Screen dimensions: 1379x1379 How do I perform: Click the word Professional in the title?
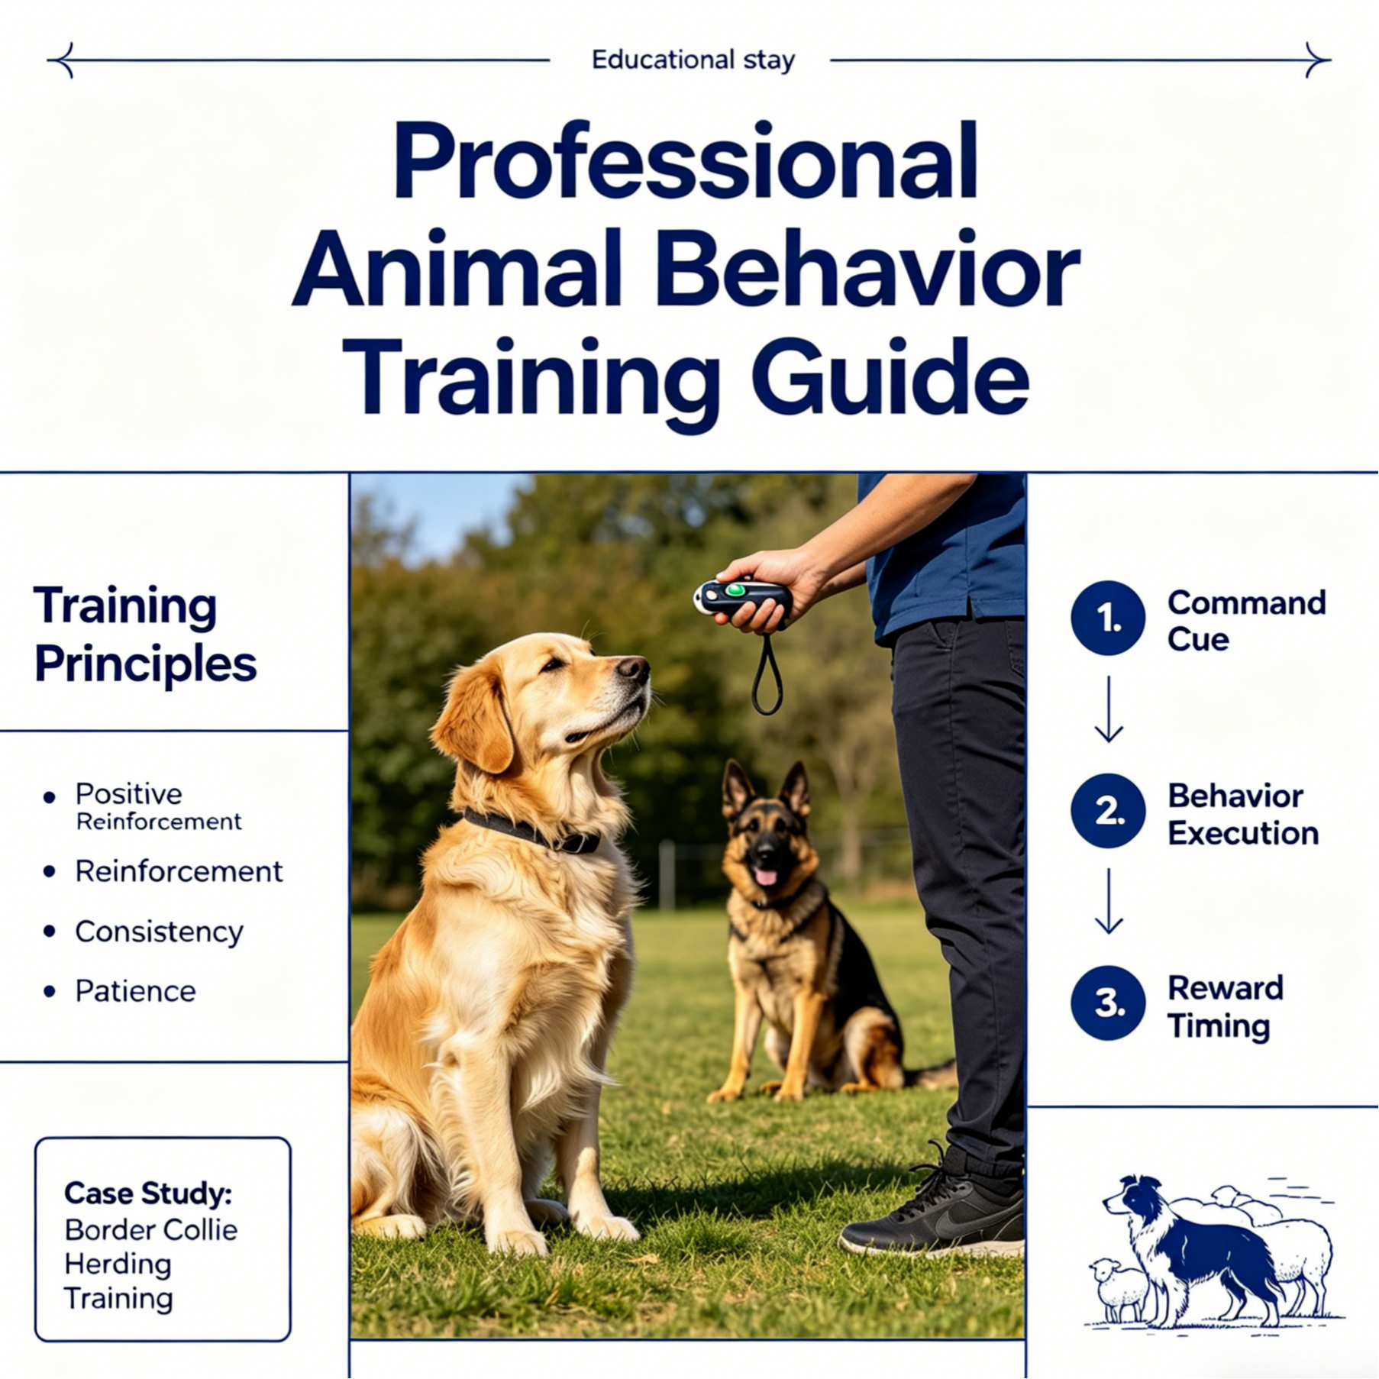[x=685, y=163]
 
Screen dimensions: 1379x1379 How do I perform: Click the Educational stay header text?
[x=693, y=60]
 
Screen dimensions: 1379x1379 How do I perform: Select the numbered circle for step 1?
[x=1108, y=618]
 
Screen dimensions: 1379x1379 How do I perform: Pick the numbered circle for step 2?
[x=1108, y=811]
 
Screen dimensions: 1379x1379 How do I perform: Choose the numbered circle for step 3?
[x=1108, y=1003]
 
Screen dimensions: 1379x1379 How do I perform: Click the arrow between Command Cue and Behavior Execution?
[x=1108, y=709]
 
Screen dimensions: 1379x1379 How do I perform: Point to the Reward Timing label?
[x=1225, y=1006]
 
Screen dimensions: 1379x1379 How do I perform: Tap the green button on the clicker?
[x=735, y=589]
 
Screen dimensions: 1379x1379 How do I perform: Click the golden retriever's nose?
[x=634, y=670]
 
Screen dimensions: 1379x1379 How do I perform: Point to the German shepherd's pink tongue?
[x=764, y=876]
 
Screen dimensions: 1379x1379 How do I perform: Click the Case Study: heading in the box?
[x=148, y=1193]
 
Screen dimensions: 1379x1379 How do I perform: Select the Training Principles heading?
[x=145, y=635]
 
